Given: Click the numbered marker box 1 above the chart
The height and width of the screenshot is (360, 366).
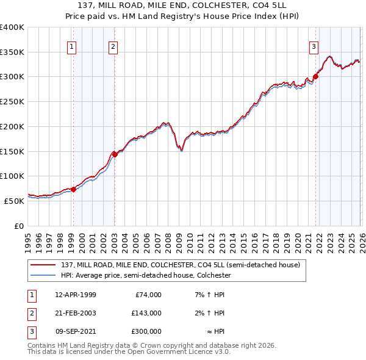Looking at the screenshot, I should [73, 46].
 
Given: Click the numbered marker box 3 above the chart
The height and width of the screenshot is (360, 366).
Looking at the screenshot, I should [314, 46].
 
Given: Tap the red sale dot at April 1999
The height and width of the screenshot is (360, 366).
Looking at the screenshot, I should [73, 189].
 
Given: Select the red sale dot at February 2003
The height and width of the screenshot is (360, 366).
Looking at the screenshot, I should [115, 154].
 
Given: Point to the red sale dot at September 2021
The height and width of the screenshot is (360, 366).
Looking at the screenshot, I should [316, 77].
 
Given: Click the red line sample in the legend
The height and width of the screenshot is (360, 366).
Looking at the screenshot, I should [43, 265].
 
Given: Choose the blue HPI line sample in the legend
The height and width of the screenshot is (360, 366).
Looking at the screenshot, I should [43, 276].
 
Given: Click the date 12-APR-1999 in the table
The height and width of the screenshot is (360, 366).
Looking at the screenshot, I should [76, 295].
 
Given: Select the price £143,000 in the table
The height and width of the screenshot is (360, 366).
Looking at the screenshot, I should [146, 313].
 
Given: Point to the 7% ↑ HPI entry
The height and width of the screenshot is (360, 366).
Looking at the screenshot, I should [208, 295].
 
